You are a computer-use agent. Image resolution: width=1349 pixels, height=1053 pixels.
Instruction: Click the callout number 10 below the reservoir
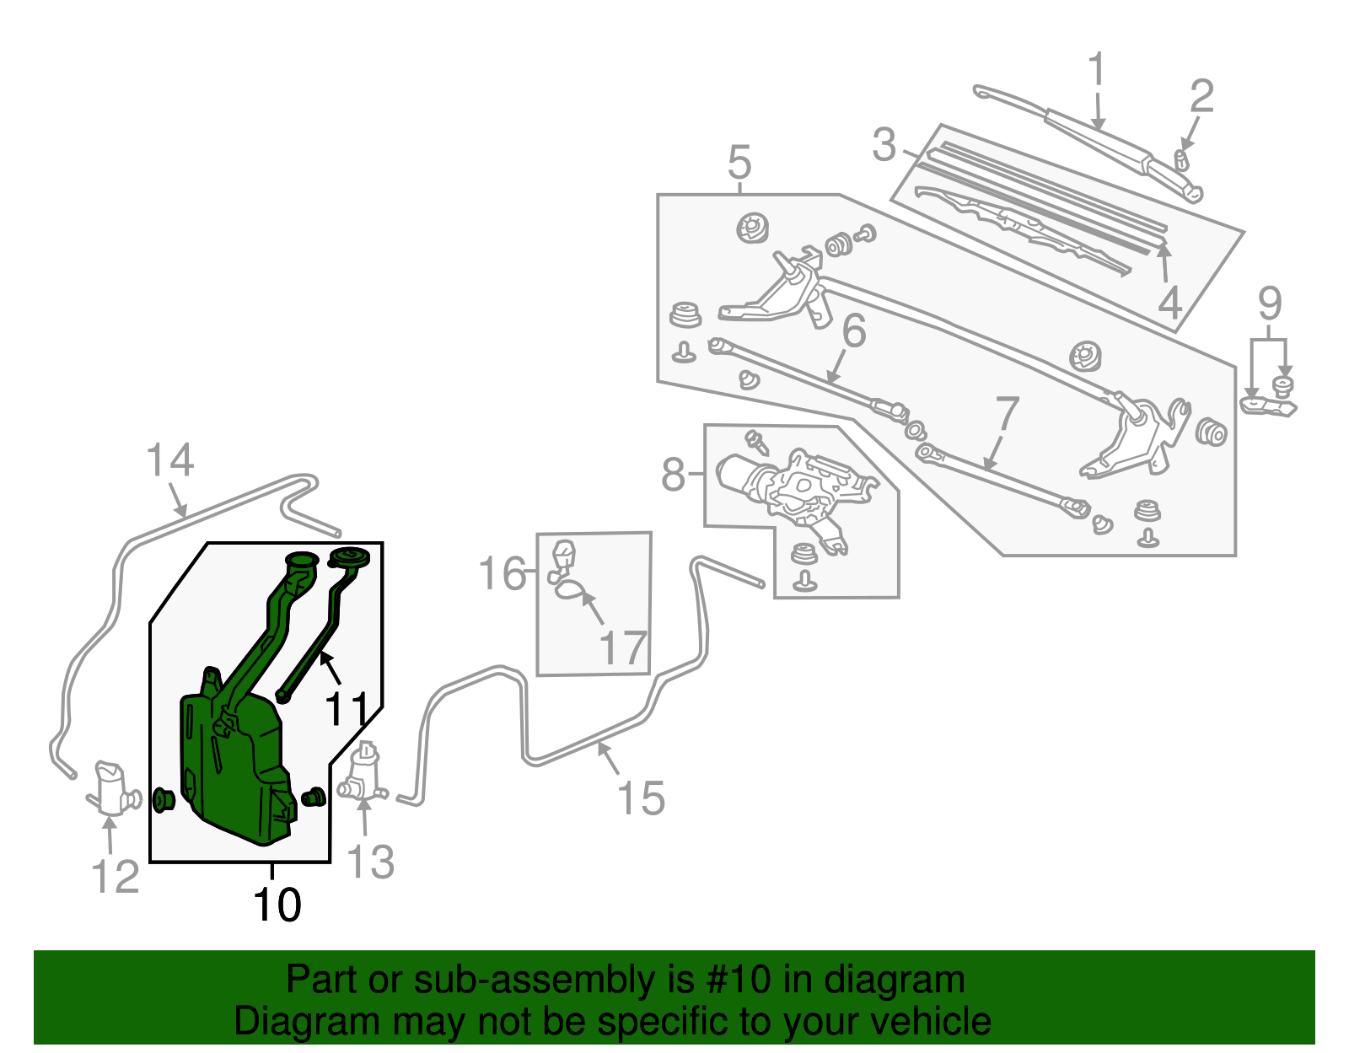coord(277,905)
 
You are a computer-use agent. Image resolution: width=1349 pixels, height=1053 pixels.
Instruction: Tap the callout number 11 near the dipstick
coord(347,709)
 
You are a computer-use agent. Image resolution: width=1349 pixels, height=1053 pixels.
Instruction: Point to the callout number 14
coord(169,461)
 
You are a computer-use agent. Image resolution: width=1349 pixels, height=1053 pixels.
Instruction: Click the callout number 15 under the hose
coord(641,798)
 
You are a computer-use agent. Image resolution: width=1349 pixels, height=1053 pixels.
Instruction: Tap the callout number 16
coord(502,573)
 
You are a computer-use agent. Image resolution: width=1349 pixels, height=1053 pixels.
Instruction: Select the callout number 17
coord(622,647)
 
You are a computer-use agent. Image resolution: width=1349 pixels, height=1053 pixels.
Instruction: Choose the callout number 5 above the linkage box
coord(739,161)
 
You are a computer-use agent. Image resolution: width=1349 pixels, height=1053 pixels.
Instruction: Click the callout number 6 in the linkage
coord(853,330)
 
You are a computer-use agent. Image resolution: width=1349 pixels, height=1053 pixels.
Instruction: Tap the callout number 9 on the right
coord(1270,304)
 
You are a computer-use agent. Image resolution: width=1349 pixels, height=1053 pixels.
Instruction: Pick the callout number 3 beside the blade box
coord(884,145)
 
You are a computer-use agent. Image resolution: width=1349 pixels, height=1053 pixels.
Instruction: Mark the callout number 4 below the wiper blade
coord(1169,303)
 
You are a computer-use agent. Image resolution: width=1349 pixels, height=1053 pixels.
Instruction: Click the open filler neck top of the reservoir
coord(301,560)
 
